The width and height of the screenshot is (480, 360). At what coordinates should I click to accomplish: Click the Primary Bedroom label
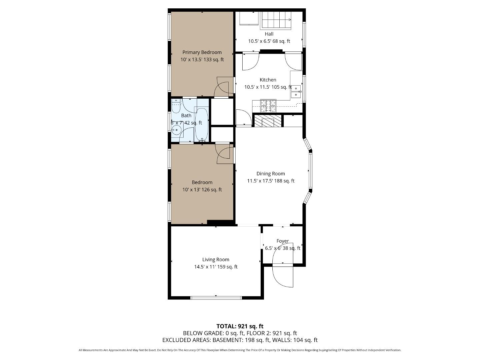(x=202, y=52)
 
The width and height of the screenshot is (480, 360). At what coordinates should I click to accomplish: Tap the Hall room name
(x=269, y=34)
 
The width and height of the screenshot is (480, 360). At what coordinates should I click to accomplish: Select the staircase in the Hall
(x=276, y=20)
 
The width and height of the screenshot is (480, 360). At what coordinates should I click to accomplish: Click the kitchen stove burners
(x=268, y=106)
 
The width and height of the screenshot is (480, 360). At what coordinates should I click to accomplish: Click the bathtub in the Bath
(x=201, y=124)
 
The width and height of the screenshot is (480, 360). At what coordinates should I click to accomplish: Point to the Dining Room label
(x=270, y=174)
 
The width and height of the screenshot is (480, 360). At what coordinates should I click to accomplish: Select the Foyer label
(x=282, y=241)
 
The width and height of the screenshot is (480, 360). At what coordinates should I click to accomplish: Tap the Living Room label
(x=216, y=260)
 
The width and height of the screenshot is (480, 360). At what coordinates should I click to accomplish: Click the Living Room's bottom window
(x=216, y=297)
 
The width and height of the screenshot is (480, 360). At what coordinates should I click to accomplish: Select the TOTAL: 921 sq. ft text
(x=240, y=326)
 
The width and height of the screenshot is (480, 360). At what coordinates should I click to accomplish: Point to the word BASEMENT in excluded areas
(x=228, y=340)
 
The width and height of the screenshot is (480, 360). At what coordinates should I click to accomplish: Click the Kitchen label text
(x=268, y=80)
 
